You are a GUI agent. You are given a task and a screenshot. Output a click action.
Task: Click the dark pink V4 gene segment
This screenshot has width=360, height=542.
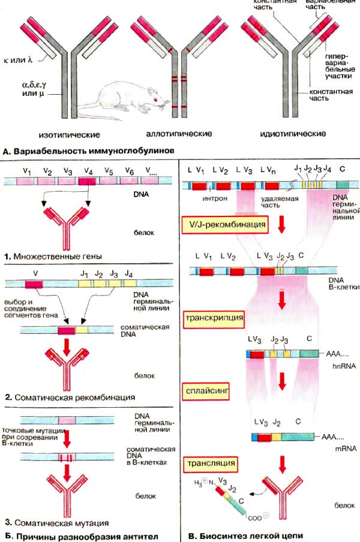[x=87, y=180]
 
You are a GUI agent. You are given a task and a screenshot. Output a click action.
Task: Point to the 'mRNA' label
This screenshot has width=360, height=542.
[x=333, y=447]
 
